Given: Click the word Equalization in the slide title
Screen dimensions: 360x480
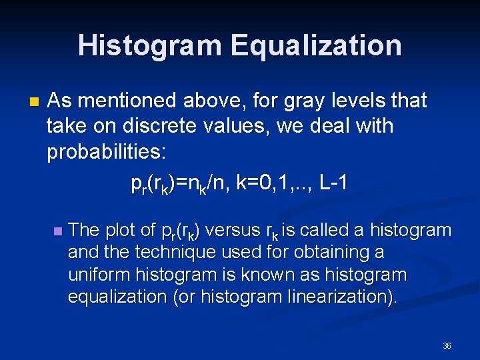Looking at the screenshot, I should pyautogui.click(x=316, y=46).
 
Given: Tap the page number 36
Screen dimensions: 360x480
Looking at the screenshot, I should pyautogui.click(x=447, y=346).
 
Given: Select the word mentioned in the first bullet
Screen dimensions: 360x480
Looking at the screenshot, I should pyautogui.click(x=130, y=101).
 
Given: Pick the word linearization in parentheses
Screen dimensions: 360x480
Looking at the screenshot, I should pyautogui.click(x=337, y=297).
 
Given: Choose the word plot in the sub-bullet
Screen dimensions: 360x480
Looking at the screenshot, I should pyautogui.click(x=121, y=231).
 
